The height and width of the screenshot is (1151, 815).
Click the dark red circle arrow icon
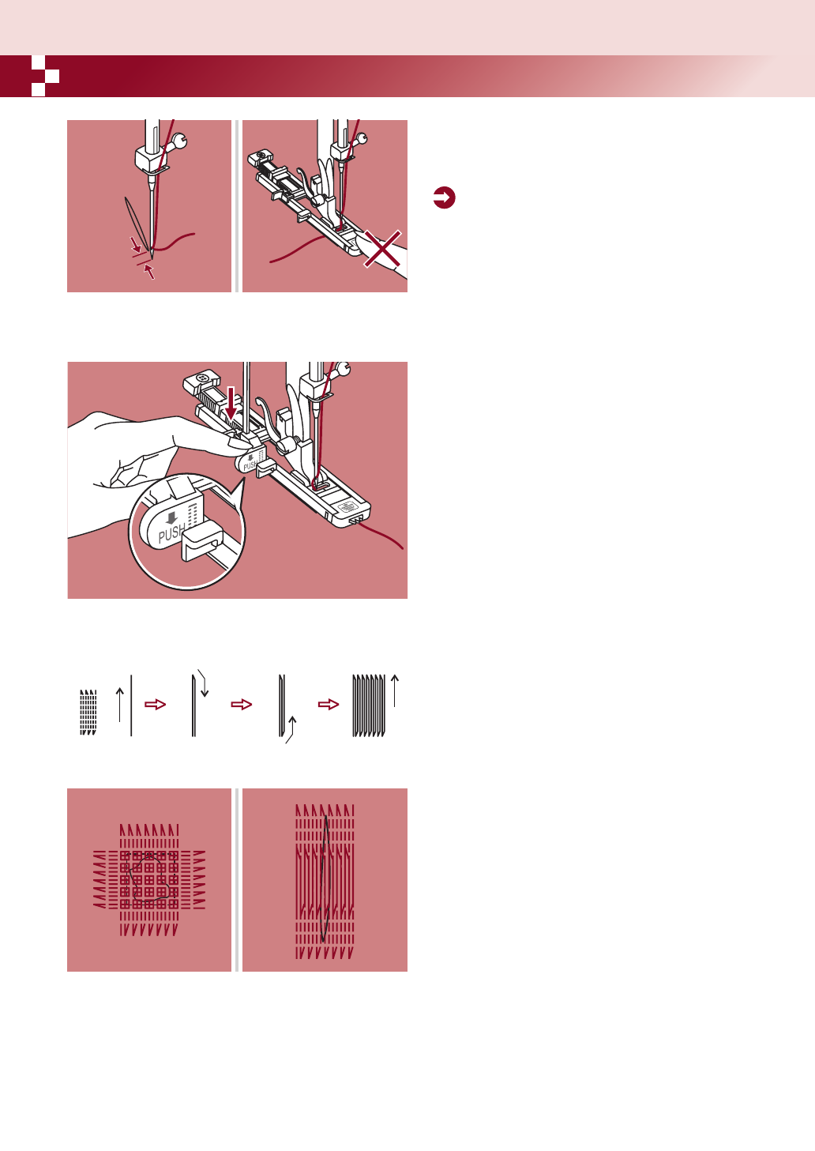coord(444,197)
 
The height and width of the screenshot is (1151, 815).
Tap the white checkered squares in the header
coord(45,76)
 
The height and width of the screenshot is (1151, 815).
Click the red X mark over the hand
coord(382,249)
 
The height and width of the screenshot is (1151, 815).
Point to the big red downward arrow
coord(231,404)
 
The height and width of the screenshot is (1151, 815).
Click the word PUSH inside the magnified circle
coord(171,533)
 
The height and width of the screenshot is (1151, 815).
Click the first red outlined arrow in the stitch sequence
coord(155,705)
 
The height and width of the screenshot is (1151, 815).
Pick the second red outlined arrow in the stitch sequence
coord(242,705)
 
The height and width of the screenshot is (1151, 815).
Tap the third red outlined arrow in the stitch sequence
coord(329,705)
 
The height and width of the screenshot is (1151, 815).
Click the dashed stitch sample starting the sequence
coord(88,713)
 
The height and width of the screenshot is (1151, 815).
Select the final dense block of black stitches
coord(369,705)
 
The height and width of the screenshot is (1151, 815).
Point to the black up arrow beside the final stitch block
coord(394,690)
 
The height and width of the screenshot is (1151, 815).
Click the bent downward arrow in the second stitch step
coord(203,683)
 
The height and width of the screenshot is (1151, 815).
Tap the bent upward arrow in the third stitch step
coord(291,730)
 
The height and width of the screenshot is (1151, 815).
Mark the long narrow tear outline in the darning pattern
coord(325,879)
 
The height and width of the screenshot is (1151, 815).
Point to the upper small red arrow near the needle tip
coord(136,244)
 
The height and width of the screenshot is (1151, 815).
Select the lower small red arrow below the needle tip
coord(149,271)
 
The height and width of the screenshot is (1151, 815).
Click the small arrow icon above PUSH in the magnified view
coord(172,517)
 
